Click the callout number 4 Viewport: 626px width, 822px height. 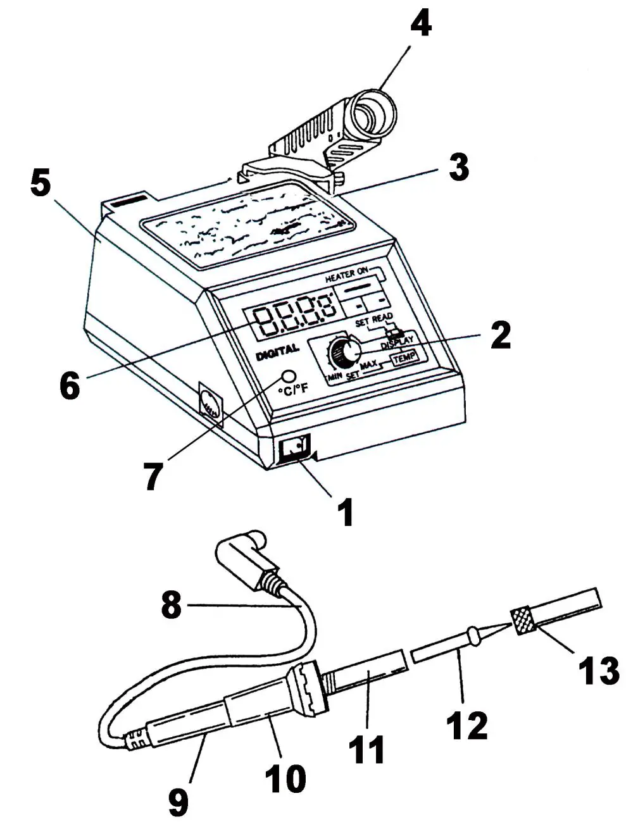coord(420,25)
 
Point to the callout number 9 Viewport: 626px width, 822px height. coord(178,802)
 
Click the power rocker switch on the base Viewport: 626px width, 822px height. coord(294,449)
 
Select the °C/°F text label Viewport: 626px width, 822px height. coord(292,389)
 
